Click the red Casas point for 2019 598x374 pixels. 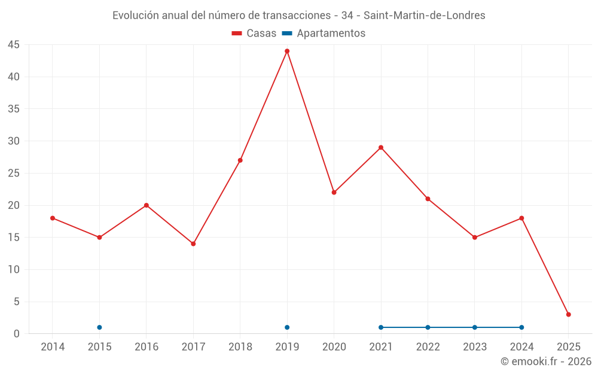click(287, 51)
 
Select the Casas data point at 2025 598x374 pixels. click(569, 315)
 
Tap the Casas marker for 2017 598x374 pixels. click(193, 244)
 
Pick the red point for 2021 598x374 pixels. click(381, 147)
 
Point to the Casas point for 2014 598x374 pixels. click(53, 218)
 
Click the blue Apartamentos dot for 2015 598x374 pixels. click(99, 327)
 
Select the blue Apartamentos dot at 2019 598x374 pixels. click(287, 327)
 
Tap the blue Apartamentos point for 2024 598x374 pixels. click(521, 327)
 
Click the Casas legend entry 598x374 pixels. click(254, 34)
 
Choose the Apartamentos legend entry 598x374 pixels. click(324, 34)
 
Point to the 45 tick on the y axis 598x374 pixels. click(14, 45)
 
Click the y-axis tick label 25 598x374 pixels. click(14, 173)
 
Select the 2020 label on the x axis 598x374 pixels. click(334, 346)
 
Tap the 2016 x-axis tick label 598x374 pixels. click(147, 346)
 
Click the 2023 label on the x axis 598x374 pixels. click(475, 346)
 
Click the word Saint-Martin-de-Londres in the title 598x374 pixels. click(424, 15)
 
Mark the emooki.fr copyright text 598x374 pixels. click(546, 361)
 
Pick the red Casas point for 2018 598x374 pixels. click(240, 160)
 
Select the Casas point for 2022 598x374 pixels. click(428, 199)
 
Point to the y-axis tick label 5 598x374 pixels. click(17, 302)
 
